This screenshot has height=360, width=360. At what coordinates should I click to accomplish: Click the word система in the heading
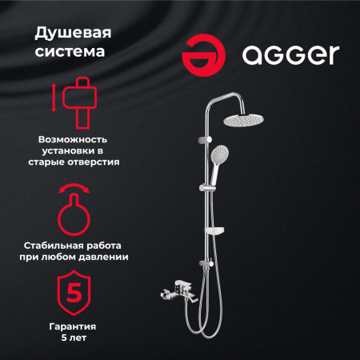[x=67, y=54]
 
